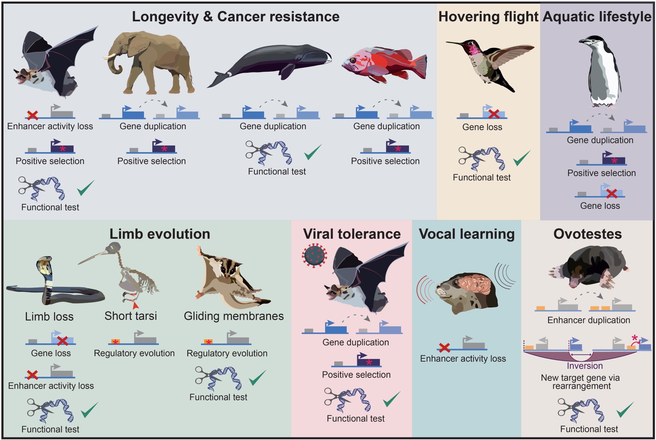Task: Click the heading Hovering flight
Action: (488, 17)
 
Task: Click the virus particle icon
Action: (314, 255)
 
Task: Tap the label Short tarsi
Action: (131, 316)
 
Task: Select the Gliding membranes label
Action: (234, 316)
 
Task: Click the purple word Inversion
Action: (584, 366)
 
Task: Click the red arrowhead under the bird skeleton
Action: (135, 305)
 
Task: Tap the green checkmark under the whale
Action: (313, 152)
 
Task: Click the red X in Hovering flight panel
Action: (494, 114)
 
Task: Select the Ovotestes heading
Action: (587, 234)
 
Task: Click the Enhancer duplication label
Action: (588, 320)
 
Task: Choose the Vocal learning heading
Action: (466, 234)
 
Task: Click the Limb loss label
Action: (49, 317)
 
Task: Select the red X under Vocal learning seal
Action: (444, 348)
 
